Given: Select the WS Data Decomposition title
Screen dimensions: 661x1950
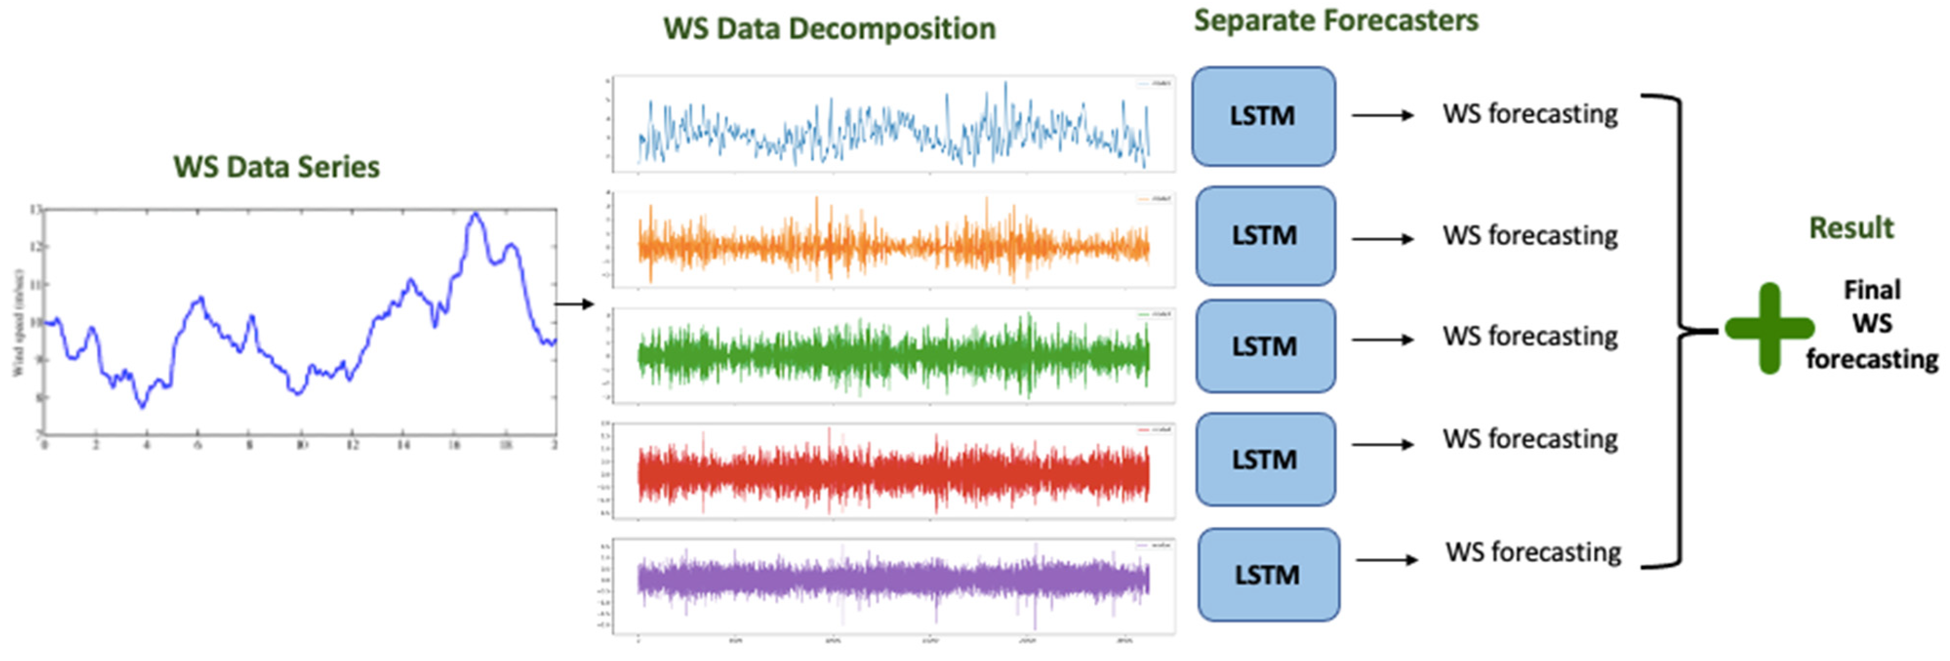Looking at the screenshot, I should tap(829, 29).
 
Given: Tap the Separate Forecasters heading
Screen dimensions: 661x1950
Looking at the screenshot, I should tap(1335, 20).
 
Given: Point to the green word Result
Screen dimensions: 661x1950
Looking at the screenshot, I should tap(1851, 228).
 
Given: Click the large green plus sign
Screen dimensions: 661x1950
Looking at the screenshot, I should tap(1769, 328).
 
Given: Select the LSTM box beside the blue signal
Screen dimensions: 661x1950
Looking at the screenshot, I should tap(1263, 116).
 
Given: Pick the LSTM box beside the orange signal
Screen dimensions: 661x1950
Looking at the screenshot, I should tap(1264, 236).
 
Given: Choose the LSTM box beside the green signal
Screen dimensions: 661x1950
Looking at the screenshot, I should tap(1264, 346).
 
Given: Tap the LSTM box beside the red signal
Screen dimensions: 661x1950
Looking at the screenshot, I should tap(1264, 459).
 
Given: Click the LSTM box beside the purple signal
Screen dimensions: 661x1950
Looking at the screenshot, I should tap(1267, 575).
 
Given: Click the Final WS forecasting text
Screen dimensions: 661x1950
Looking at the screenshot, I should tap(1871, 324).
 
